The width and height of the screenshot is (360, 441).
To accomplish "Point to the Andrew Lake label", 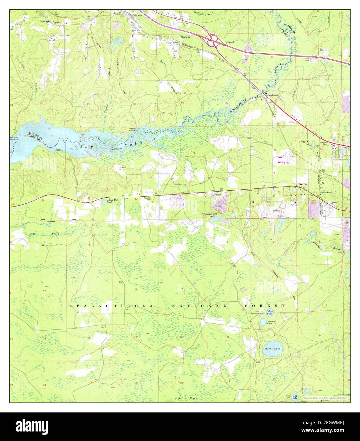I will tap(269, 322).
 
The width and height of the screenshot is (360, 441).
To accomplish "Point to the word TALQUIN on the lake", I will tap(146, 142).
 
